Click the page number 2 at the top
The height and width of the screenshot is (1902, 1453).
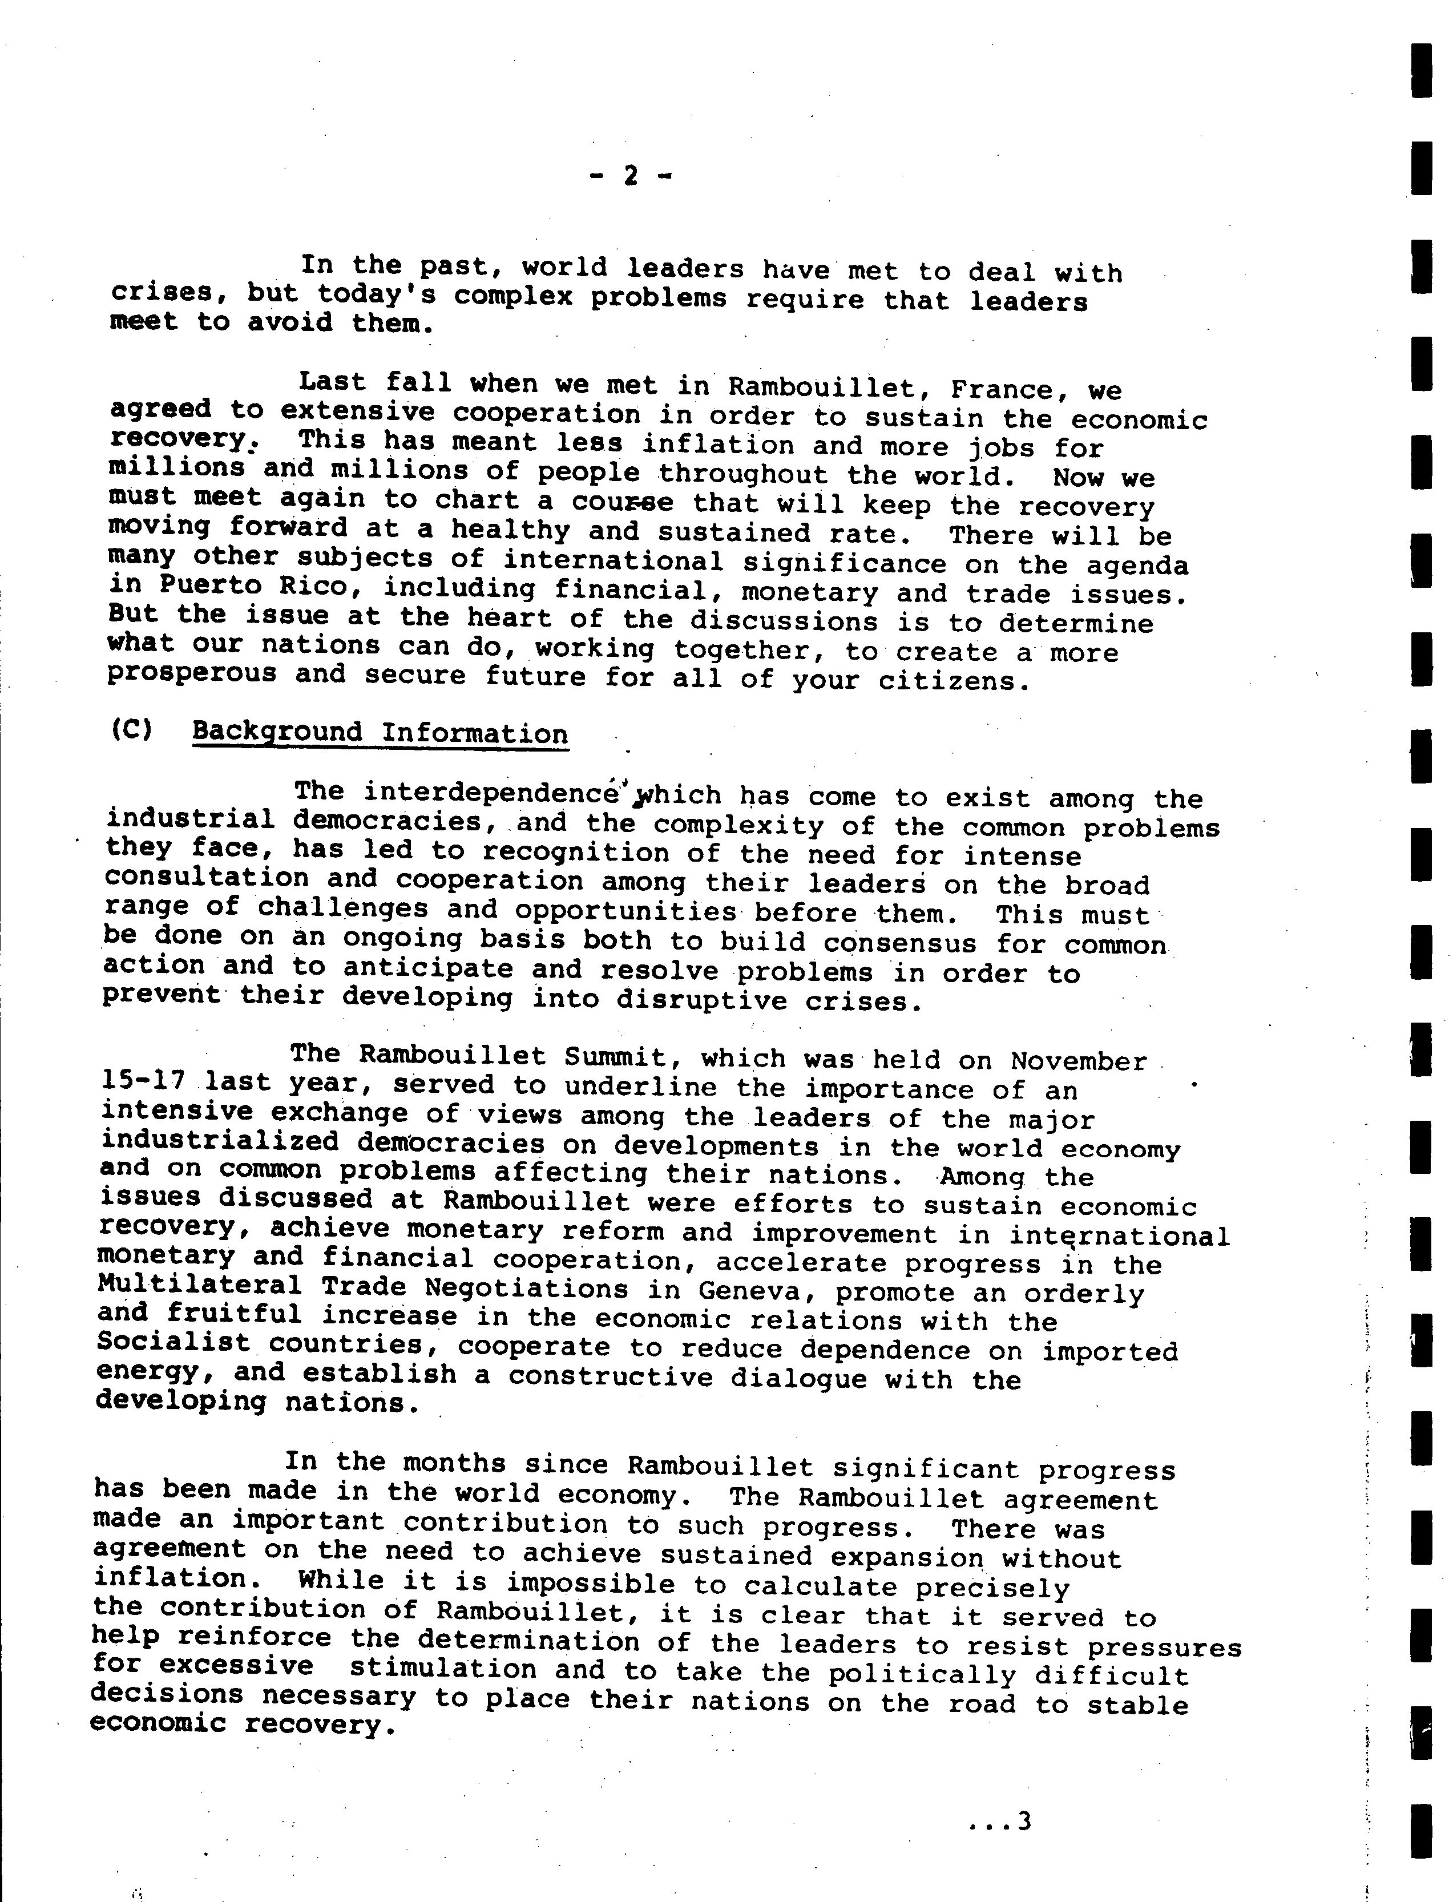tap(629, 176)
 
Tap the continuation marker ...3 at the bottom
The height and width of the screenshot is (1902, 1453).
tap(1000, 1823)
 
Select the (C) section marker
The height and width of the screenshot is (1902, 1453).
tap(131, 729)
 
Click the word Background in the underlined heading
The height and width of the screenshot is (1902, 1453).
tap(277, 732)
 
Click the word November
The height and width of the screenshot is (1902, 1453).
tap(1079, 1060)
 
